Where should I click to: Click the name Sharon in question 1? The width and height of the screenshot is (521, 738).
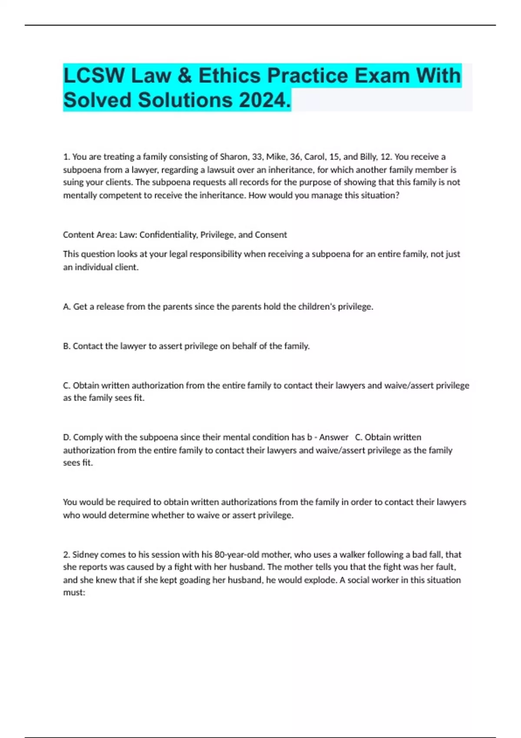pos(234,157)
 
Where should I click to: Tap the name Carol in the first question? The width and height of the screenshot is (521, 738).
pos(314,157)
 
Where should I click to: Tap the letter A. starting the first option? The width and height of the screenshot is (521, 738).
pos(67,307)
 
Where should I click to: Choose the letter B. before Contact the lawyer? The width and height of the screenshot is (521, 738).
pos(67,346)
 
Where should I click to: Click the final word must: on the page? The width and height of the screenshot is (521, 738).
pos(74,593)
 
